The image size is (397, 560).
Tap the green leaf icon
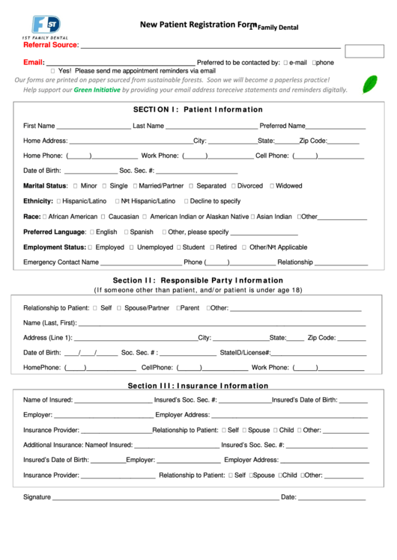(369, 84)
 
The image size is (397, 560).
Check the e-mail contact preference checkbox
(286, 63)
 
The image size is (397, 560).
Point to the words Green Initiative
(97, 90)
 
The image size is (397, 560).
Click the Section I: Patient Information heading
(198, 109)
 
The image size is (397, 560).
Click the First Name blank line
(93, 126)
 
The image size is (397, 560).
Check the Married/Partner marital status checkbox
(135, 186)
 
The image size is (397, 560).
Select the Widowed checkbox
(270, 186)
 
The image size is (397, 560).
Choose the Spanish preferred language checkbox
(126, 233)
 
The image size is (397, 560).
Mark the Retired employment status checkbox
(211, 247)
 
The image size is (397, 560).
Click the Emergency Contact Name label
(61, 262)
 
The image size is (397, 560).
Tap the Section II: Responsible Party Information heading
(198, 281)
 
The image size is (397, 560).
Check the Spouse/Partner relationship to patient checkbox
(119, 308)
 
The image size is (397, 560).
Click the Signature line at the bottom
(165, 498)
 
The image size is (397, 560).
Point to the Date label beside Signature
(288, 497)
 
